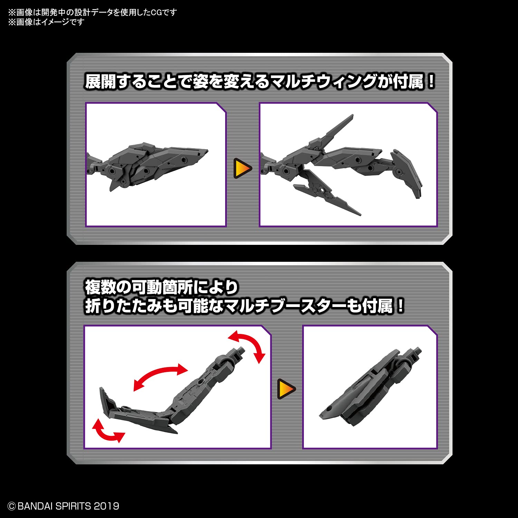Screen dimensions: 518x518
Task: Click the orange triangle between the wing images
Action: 242,168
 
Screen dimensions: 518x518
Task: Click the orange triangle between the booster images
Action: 286,388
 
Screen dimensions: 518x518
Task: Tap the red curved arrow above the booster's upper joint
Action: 248,345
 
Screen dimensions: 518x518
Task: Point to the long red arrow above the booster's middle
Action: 160,377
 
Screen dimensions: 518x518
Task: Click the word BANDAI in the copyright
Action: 36,506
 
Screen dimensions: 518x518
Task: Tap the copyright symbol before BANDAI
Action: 11,506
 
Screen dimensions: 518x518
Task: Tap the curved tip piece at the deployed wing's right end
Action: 407,173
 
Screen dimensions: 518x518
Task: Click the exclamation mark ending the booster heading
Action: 400,306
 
